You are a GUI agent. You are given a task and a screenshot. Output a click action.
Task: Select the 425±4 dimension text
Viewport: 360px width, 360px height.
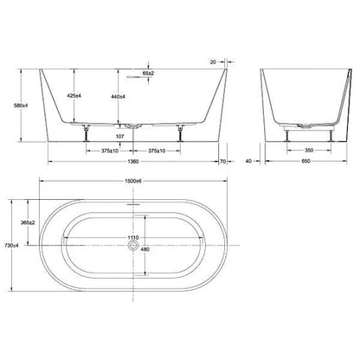[76, 97]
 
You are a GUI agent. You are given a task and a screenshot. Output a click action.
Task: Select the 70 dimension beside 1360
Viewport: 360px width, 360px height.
[223, 160]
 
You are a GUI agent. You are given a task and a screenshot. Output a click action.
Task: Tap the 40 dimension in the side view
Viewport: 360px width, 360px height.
[248, 160]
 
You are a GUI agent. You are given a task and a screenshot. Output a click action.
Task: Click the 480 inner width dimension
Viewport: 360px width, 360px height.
[144, 251]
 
